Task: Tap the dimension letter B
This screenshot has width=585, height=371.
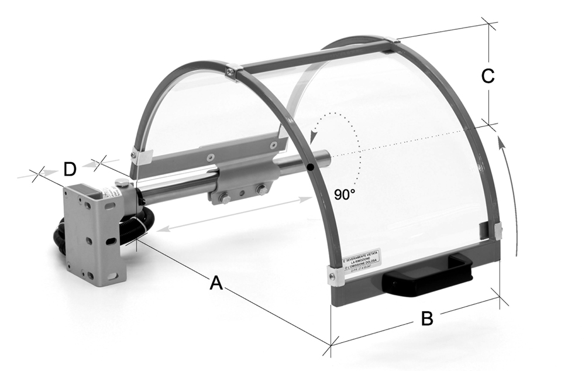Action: click(x=427, y=319)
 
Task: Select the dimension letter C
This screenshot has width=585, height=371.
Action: click(x=487, y=75)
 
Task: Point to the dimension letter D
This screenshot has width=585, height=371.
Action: click(x=70, y=170)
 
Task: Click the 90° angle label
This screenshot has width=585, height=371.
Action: click(x=345, y=195)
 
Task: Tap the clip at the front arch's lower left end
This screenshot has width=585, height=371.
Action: click(x=335, y=275)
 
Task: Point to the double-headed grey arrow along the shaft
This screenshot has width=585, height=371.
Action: click(x=237, y=214)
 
